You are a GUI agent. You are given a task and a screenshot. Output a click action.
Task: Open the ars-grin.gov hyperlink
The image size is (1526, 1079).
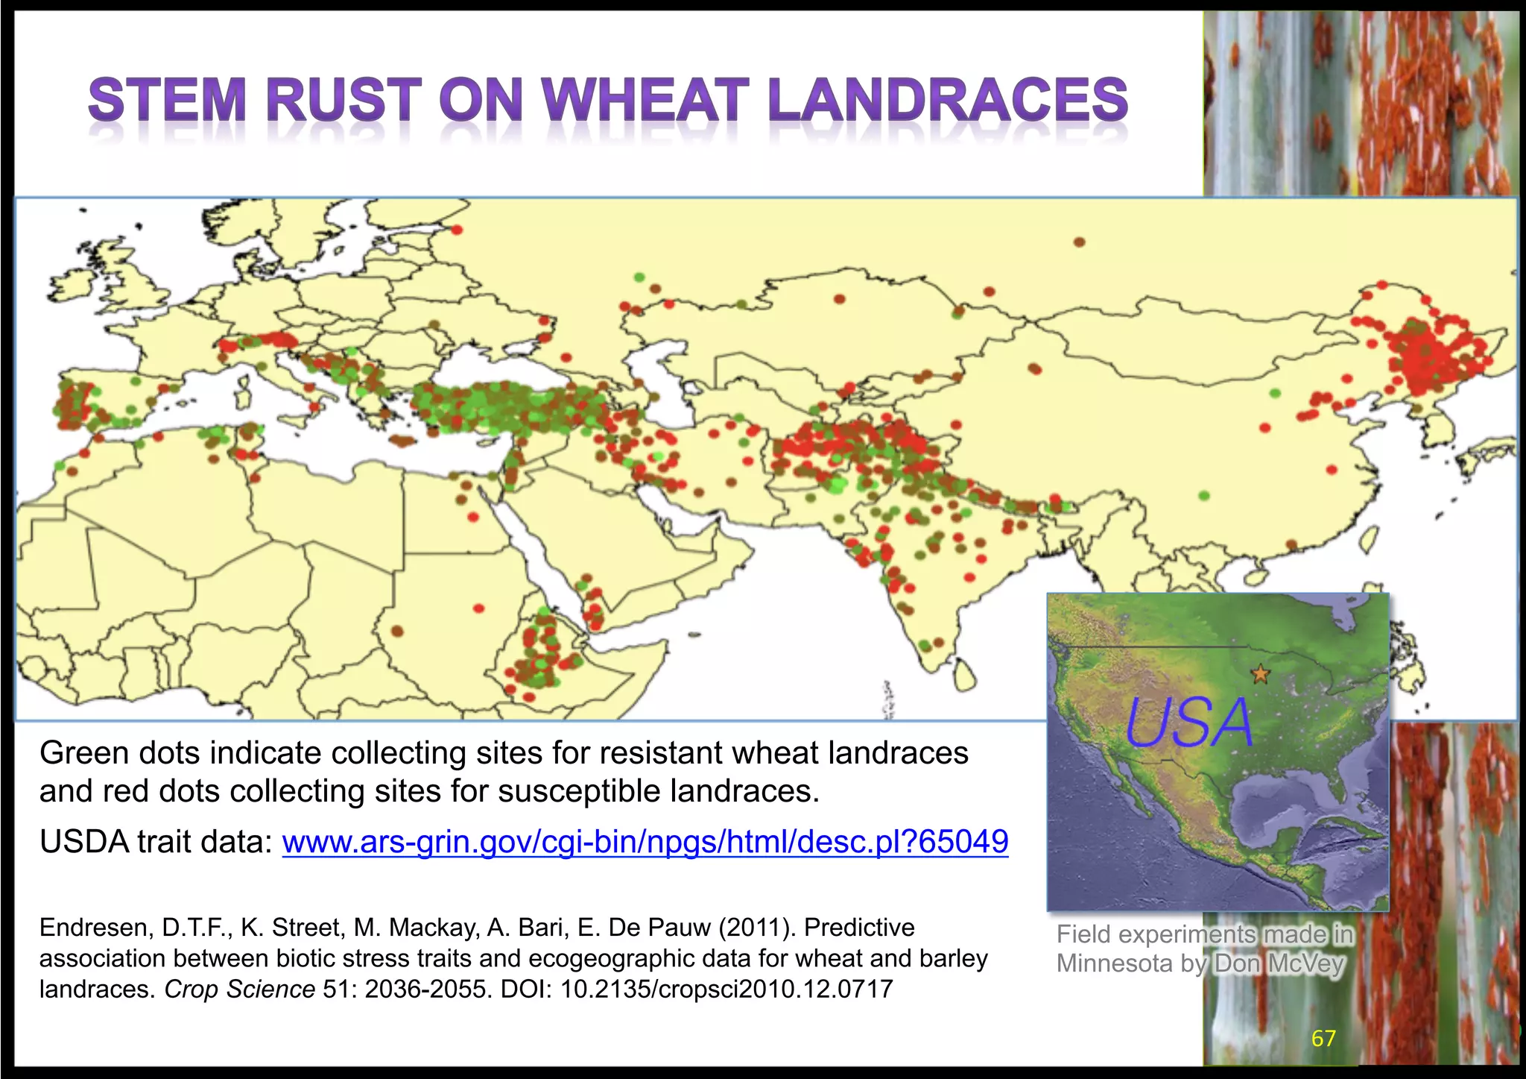pyautogui.click(x=645, y=842)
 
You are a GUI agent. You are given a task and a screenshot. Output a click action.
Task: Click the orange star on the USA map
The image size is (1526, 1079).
pyautogui.click(x=1260, y=675)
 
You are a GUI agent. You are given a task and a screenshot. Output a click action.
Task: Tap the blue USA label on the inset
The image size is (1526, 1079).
pyautogui.click(x=1189, y=723)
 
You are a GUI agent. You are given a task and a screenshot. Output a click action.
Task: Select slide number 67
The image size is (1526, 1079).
pyautogui.click(x=1323, y=1039)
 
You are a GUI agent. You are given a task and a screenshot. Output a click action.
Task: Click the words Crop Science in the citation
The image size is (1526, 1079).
pyautogui.click(x=239, y=990)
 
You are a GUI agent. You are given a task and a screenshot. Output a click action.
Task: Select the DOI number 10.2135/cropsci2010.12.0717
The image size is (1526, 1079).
pyautogui.click(x=726, y=990)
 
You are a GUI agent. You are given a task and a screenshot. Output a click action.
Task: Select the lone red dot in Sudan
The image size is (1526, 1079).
pyautogui.click(x=479, y=608)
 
